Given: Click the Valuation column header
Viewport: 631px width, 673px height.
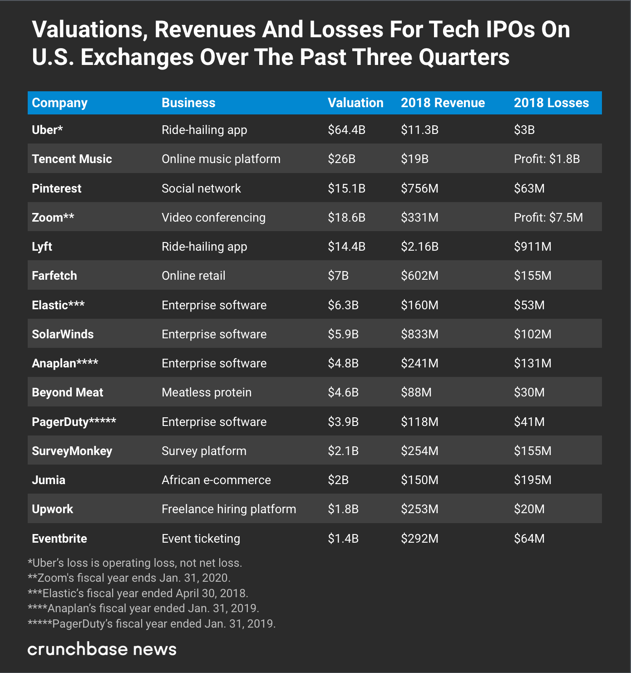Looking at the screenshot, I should click(355, 103).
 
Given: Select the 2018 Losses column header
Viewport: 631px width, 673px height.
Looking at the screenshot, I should click(551, 103).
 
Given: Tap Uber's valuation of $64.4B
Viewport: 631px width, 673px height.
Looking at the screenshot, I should click(346, 130).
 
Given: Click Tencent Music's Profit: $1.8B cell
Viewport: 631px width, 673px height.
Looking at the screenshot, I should click(547, 159).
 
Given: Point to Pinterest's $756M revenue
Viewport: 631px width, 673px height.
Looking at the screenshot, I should click(419, 188).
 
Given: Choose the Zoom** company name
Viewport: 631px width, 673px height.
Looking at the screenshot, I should click(53, 218).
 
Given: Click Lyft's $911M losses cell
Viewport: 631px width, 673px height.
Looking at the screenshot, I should click(532, 247).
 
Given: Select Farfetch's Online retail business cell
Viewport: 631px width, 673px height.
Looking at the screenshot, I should click(193, 276).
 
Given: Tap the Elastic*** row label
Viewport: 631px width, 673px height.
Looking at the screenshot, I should click(58, 305).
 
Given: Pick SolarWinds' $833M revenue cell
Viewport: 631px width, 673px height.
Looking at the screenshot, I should click(419, 334).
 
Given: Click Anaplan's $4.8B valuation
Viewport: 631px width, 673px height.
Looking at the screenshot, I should click(343, 363).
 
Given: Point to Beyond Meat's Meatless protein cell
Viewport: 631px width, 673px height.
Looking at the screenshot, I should click(207, 392).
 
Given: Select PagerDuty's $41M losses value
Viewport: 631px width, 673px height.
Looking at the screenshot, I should click(529, 422).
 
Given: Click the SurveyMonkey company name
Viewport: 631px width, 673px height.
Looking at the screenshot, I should click(72, 451).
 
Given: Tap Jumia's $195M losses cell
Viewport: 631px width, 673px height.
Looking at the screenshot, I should click(532, 480).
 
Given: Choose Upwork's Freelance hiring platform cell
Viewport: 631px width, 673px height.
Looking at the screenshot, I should click(229, 509).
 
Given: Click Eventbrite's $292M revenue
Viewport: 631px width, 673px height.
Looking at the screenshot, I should click(419, 539).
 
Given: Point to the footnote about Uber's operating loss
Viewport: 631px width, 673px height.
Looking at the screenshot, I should click(135, 563).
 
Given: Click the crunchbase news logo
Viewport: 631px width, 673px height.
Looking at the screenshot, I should click(102, 649).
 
